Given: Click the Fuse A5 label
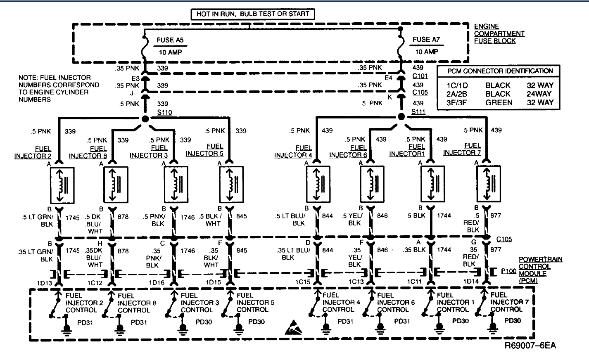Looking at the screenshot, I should (170, 40).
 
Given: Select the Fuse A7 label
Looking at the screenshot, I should (426, 40).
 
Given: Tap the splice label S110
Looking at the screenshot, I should (164, 112).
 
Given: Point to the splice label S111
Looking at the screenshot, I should (418, 112).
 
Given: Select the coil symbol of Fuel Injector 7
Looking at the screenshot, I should (489, 184).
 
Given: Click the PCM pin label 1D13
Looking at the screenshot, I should (45, 283).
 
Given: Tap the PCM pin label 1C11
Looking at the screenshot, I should (414, 282).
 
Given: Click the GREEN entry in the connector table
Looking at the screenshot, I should (499, 102).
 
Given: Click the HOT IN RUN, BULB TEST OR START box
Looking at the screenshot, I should (252, 14).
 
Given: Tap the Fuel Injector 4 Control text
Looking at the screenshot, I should (341, 302).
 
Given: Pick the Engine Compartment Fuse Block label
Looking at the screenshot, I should (499, 33).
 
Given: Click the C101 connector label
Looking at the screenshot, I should (420, 76).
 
